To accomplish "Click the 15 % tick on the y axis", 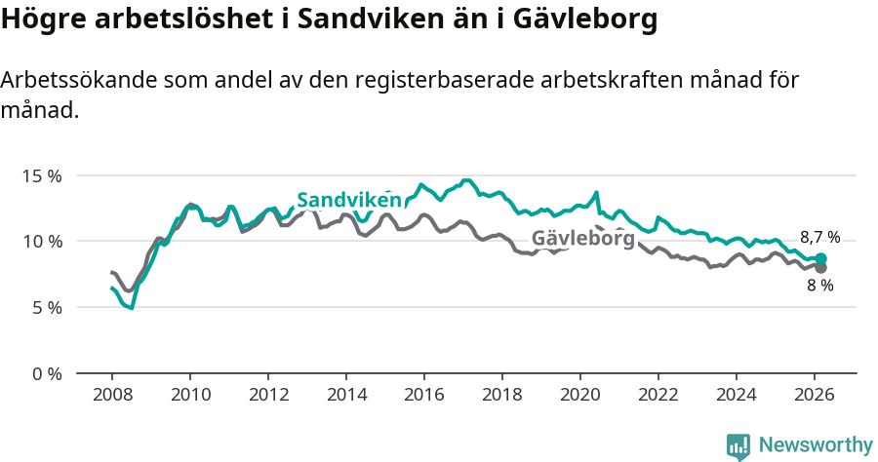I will [x=41, y=175].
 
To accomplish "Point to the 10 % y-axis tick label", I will [x=41, y=241].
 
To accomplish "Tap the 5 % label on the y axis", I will [x=45, y=307].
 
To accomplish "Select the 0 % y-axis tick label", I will [x=45, y=373].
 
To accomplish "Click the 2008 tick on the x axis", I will [x=112, y=395].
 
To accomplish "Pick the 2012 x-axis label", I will [x=268, y=395].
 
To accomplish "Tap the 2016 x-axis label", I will [x=424, y=395].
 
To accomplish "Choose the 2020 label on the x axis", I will [x=580, y=395].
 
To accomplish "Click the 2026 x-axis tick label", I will [x=815, y=395].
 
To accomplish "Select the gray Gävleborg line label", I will [x=582, y=239].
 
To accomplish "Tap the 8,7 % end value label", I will [x=819, y=237].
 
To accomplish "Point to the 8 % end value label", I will [x=819, y=286].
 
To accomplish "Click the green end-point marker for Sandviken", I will [x=820, y=258].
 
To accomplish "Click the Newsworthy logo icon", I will [x=738, y=446].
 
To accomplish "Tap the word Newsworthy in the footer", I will [x=816, y=445].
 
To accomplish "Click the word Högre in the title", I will [x=43, y=20].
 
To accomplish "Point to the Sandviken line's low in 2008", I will [x=131, y=308].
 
